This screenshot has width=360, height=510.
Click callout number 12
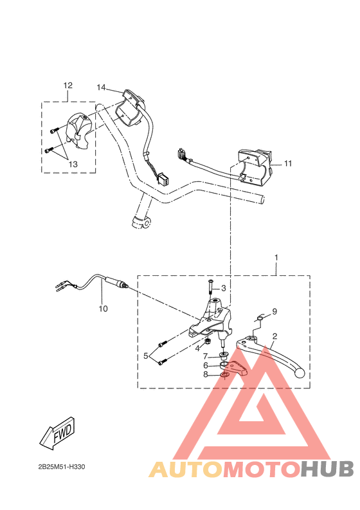(x=68, y=86)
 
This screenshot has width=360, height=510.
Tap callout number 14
(x=101, y=87)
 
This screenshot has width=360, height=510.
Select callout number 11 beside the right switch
(x=288, y=163)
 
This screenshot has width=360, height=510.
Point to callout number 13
(x=73, y=164)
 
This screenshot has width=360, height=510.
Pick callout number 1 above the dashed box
(x=276, y=257)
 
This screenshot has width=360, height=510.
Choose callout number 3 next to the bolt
(x=224, y=288)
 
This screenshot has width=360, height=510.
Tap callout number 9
(x=274, y=311)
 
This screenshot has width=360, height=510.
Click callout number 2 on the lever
(x=274, y=336)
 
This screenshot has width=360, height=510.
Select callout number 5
(x=146, y=356)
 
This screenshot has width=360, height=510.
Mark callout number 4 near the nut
(x=198, y=349)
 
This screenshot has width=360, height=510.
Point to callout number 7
(x=206, y=356)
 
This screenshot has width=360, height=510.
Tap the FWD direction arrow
(x=57, y=434)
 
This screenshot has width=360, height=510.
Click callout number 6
(x=206, y=365)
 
